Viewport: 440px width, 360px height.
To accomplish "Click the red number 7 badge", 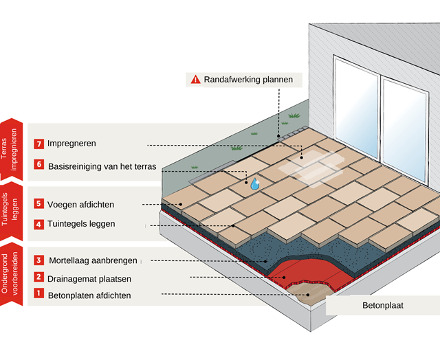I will coord(39,144).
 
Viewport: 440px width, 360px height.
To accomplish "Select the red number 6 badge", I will coord(39,166).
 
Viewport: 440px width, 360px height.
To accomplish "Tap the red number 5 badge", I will coord(39,204).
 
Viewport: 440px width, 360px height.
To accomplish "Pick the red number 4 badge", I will coord(39,224).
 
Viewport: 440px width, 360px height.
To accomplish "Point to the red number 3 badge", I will coord(39,260).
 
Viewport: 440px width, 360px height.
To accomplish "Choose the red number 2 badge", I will coord(39,278).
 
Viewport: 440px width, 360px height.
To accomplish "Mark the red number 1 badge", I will coord(39,295).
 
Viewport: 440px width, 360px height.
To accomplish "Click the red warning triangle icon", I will coord(195,80).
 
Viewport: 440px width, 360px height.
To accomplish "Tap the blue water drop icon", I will coord(254,183).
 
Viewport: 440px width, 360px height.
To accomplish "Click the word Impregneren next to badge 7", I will coord(71,144).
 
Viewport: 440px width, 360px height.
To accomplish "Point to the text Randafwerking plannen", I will coord(248,80).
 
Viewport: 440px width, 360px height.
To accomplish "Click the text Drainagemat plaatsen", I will coord(89,279).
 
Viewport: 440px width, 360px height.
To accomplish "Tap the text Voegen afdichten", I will coord(81,204).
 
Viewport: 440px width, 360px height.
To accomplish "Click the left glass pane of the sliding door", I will coord(356,103).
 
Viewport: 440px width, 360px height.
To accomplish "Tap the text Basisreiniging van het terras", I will coord(102,166).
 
